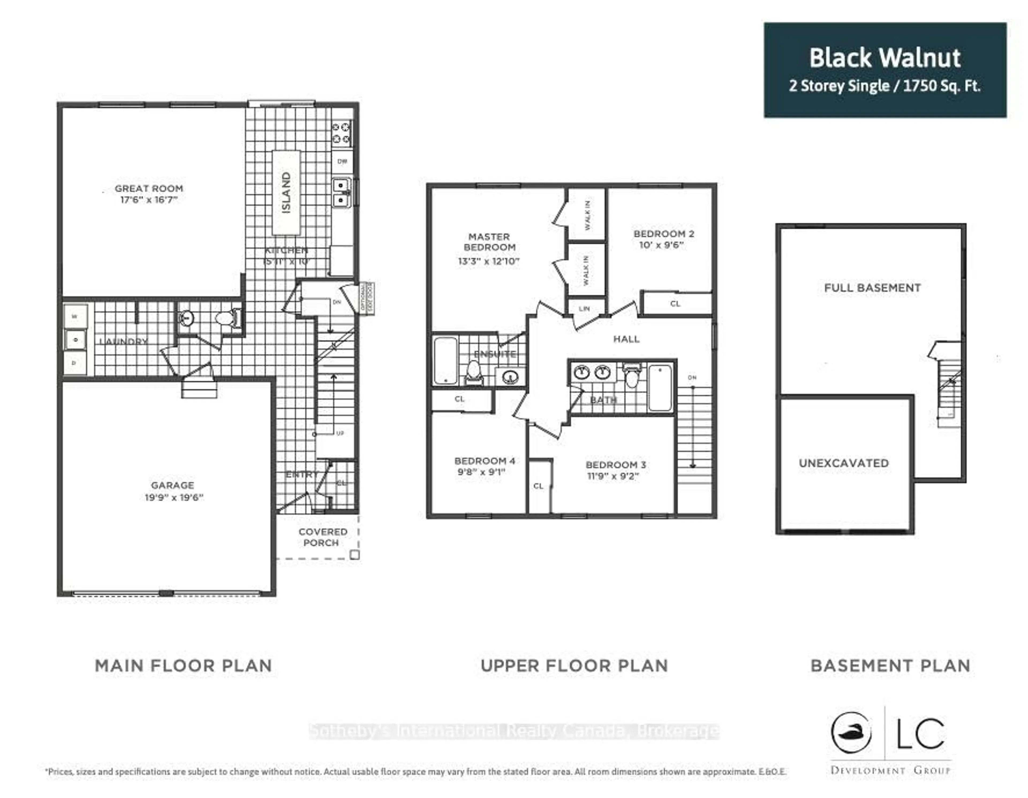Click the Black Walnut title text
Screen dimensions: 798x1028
(x=885, y=58)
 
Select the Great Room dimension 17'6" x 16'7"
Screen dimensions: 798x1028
(x=149, y=200)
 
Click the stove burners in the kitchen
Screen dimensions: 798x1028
(x=341, y=132)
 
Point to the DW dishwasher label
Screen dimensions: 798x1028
(x=342, y=161)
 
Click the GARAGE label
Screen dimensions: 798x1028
(x=172, y=485)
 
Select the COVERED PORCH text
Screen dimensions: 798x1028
(x=322, y=537)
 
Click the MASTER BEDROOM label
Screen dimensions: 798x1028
(x=489, y=242)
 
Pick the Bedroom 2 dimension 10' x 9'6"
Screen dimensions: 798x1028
(x=661, y=245)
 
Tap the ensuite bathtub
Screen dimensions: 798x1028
(x=445, y=360)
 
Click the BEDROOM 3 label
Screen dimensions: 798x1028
(x=616, y=465)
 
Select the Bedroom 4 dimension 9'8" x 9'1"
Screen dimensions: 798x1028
(x=481, y=472)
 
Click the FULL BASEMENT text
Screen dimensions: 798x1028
(x=872, y=288)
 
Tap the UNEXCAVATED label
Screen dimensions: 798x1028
(x=844, y=463)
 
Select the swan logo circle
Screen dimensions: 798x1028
(x=851, y=733)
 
